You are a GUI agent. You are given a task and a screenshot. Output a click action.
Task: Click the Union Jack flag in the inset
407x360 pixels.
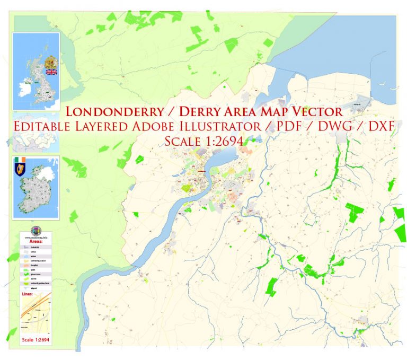coord(52,72)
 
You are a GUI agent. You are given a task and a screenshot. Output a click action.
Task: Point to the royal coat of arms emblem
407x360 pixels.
coord(52,61)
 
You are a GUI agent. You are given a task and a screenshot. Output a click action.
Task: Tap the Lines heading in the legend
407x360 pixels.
coord(27,293)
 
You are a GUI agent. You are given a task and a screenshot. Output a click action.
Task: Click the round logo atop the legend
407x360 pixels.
coord(36,231)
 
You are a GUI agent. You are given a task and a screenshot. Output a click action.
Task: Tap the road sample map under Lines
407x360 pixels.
coord(36,315)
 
